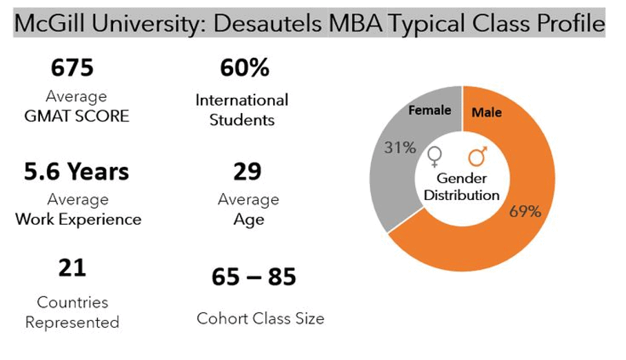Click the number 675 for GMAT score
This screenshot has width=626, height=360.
click(72, 68)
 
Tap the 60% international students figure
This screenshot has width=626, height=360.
click(244, 68)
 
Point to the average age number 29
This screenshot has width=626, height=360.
click(247, 171)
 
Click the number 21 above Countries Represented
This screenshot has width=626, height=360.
click(72, 268)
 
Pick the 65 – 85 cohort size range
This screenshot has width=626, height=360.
click(254, 277)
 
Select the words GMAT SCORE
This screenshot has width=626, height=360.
click(77, 116)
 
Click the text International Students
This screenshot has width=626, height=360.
click(242, 110)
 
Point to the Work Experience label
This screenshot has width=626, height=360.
click(78, 219)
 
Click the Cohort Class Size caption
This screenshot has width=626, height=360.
click(260, 319)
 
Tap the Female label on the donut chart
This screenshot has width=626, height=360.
click(430, 110)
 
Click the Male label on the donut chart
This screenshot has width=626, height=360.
click(487, 112)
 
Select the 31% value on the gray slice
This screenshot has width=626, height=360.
click(401, 147)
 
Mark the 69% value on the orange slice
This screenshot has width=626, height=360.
click(525, 212)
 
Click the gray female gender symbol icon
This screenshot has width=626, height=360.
click(434, 158)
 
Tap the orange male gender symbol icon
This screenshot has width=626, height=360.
click(477, 157)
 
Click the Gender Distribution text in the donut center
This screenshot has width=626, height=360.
click(461, 187)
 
